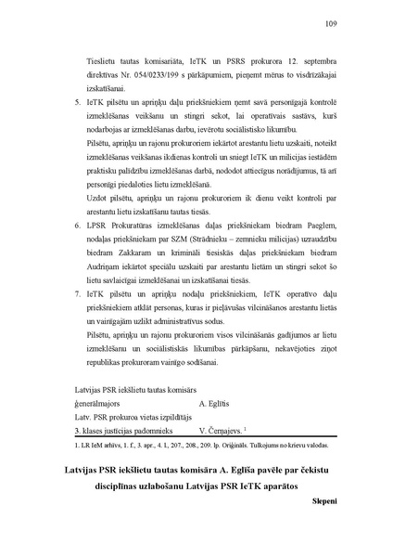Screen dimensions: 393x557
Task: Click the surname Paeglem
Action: [312, 226]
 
